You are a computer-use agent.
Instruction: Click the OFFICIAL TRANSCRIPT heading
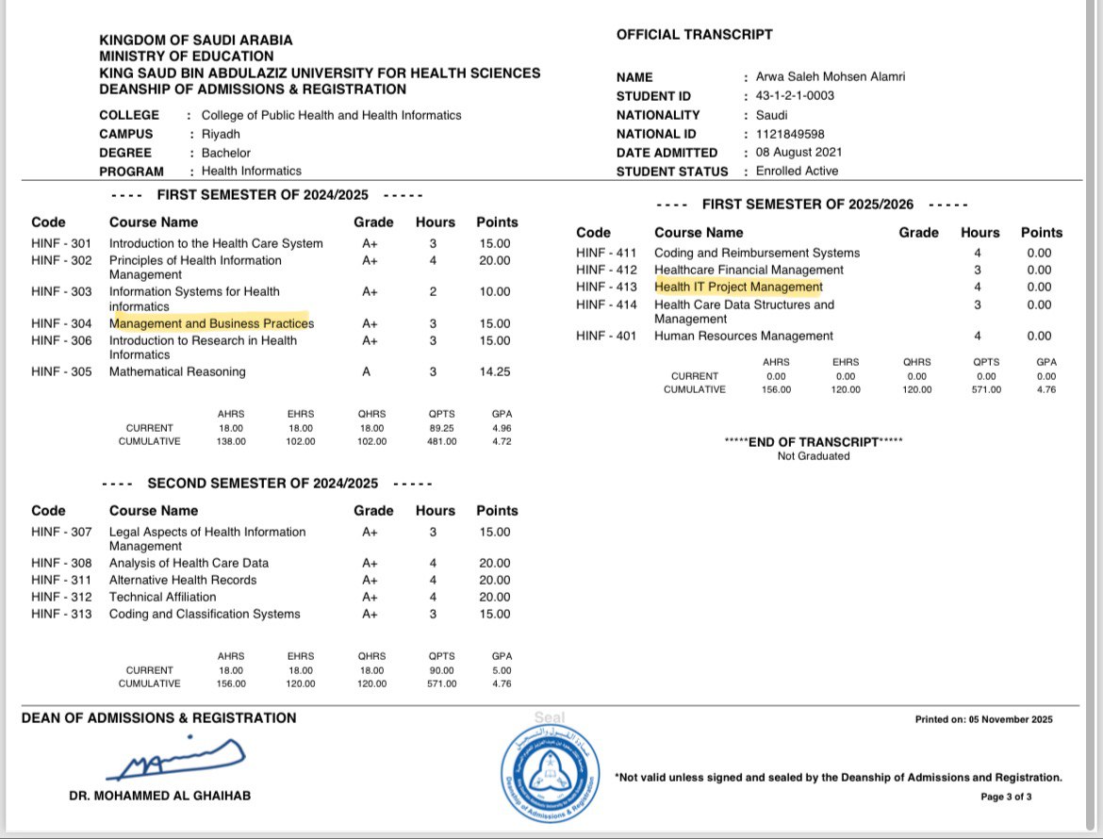click(694, 35)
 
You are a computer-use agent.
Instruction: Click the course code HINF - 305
click(61, 371)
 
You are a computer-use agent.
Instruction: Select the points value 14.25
click(494, 371)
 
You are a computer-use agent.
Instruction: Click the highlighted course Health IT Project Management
click(738, 287)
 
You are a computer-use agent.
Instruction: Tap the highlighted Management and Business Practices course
click(211, 323)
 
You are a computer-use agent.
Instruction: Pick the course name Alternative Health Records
click(183, 580)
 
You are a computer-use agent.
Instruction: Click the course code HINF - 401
click(606, 336)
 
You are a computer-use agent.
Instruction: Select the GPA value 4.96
click(501, 427)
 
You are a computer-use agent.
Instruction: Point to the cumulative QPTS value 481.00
click(442, 441)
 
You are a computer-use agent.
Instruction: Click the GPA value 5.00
click(501, 670)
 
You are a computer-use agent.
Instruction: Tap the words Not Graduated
click(813, 456)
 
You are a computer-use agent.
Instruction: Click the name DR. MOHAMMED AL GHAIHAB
click(160, 796)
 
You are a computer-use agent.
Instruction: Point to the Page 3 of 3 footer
click(1006, 797)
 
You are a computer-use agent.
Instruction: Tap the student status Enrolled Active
click(797, 172)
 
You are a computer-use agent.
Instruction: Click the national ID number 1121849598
click(791, 134)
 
